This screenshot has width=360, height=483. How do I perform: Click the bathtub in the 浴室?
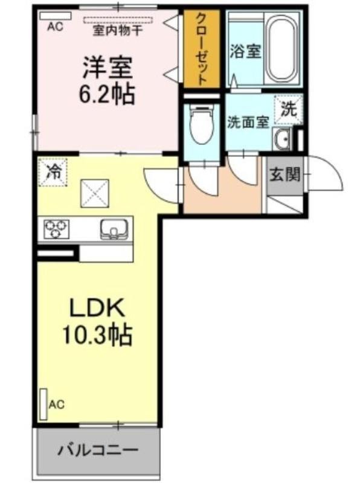point(282,50)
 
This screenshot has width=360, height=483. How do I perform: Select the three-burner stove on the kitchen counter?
point(56,229)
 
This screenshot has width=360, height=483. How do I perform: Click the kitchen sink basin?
point(114,229)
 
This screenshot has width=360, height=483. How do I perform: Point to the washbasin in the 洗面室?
point(281,139)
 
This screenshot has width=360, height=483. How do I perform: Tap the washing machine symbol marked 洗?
point(289,110)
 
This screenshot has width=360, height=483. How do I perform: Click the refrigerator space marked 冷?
point(53,172)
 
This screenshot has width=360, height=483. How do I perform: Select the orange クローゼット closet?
point(202,49)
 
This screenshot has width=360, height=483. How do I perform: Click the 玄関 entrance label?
point(284,175)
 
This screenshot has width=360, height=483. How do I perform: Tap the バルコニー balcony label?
point(98,451)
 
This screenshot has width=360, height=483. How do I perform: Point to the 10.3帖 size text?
point(97,334)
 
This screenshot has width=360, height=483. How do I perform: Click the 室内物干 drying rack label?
point(117,30)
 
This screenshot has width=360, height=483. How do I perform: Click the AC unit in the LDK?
point(43,405)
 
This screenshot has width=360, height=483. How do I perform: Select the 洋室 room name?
point(107,68)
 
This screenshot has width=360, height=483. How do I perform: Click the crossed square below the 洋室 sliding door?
point(95,193)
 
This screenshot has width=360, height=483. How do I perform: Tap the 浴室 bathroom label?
point(246,51)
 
